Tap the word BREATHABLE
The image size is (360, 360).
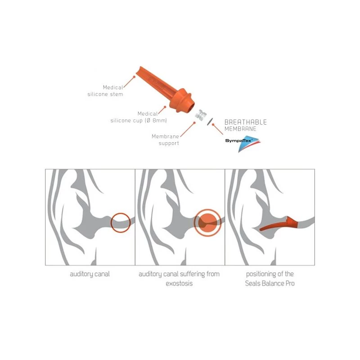[245, 122]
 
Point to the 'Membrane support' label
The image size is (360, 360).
[165, 140]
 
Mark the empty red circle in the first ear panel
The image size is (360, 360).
[121, 222]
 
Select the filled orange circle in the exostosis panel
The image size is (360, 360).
[207, 222]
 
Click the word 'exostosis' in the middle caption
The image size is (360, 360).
[179, 284]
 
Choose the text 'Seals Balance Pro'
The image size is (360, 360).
[270, 284]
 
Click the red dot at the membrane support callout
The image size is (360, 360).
[194, 122]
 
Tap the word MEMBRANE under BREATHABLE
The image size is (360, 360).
[240, 129]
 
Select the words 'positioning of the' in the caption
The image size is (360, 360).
[270, 274]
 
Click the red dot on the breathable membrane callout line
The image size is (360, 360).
[221, 130]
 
